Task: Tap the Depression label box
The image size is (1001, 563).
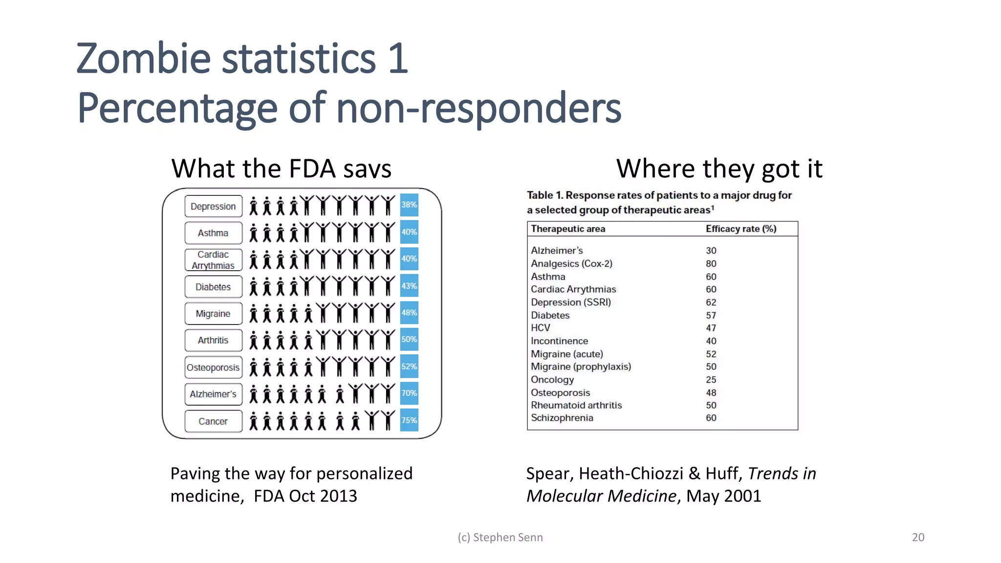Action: click(213, 206)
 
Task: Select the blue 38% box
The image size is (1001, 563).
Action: click(409, 205)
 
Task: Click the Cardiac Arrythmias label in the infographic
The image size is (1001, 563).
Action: click(213, 260)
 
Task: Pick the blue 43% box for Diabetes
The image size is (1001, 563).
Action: click(409, 286)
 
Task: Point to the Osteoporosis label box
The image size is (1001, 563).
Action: click(213, 368)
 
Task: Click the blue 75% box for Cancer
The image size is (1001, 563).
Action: click(409, 420)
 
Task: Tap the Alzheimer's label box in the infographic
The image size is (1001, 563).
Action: click(213, 394)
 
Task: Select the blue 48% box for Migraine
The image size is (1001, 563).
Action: click(409, 313)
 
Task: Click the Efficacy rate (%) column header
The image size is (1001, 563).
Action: click(740, 229)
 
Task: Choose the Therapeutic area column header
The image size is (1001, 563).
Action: click(568, 229)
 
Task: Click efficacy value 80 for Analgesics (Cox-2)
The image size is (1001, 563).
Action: click(711, 264)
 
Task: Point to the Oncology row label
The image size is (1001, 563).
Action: click(552, 380)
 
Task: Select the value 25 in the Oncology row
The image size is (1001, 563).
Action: click(711, 380)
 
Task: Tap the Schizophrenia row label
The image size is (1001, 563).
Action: click(562, 418)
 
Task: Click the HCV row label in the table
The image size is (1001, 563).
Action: click(541, 328)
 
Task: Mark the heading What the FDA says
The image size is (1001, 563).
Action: click(281, 169)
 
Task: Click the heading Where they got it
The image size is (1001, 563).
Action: click(719, 169)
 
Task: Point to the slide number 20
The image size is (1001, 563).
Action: click(918, 537)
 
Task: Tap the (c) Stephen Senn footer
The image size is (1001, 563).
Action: click(500, 537)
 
